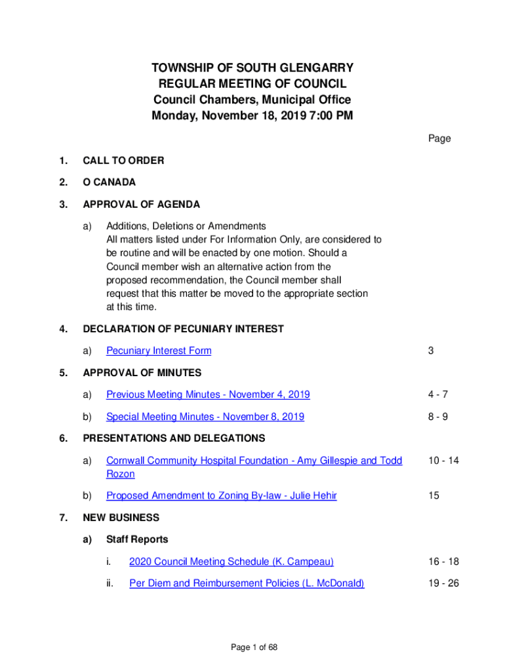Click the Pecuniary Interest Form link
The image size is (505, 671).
click(x=159, y=351)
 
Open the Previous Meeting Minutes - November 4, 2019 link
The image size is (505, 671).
click(x=208, y=394)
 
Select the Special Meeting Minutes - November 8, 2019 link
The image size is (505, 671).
click(x=205, y=417)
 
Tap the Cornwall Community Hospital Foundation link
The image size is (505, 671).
click(x=254, y=461)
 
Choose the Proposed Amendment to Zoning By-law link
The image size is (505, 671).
click(x=221, y=496)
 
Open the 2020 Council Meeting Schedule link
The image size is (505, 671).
click(x=231, y=562)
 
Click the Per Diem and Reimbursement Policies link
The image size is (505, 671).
click(x=247, y=583)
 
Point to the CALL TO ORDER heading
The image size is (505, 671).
click(x=123, y=161)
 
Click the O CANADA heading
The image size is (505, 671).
click(x=109, y=182)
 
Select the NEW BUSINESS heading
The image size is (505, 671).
click(x=121, y=518)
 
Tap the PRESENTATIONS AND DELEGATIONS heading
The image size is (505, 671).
click(x=174, y=438)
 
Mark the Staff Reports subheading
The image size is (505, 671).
click(x=137, y=539)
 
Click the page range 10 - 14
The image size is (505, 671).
click(x=443, y=461)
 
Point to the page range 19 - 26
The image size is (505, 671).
click(x=443, y=583)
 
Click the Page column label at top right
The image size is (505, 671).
click(x=439, y=138)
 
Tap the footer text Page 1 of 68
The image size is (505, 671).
click(x=254, y=647)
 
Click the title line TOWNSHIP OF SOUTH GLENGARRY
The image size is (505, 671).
click(x=253, y=68)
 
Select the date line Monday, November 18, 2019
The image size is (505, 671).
click(x=253, y=117)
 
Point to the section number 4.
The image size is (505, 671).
click(x=63, y=329)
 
